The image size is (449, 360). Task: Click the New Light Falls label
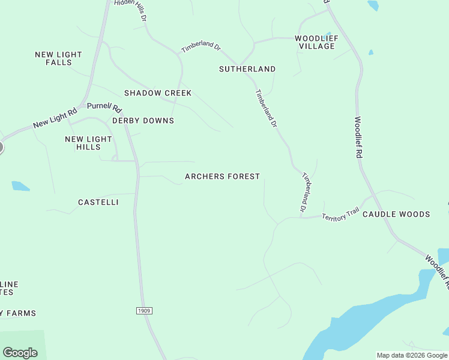coord(58,58)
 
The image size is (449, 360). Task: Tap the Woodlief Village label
coord(316,42)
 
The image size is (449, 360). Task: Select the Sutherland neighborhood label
coord(247,69)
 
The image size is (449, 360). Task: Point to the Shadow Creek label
coord(158,93)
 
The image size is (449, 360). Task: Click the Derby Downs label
coord(143,121)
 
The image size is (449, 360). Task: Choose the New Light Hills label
coord(88,143)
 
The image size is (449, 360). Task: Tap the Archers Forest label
coord(222,176)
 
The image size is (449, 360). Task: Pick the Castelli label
coord(98,202)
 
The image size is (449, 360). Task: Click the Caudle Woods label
coord(396,214)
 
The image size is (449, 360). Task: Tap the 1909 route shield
coord(143,310)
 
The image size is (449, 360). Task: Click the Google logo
coord(20,353)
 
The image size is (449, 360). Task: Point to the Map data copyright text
coord(412,355)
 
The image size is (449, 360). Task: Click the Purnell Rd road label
coord(104,107)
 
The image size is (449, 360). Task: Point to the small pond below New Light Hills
coord(20,186)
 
